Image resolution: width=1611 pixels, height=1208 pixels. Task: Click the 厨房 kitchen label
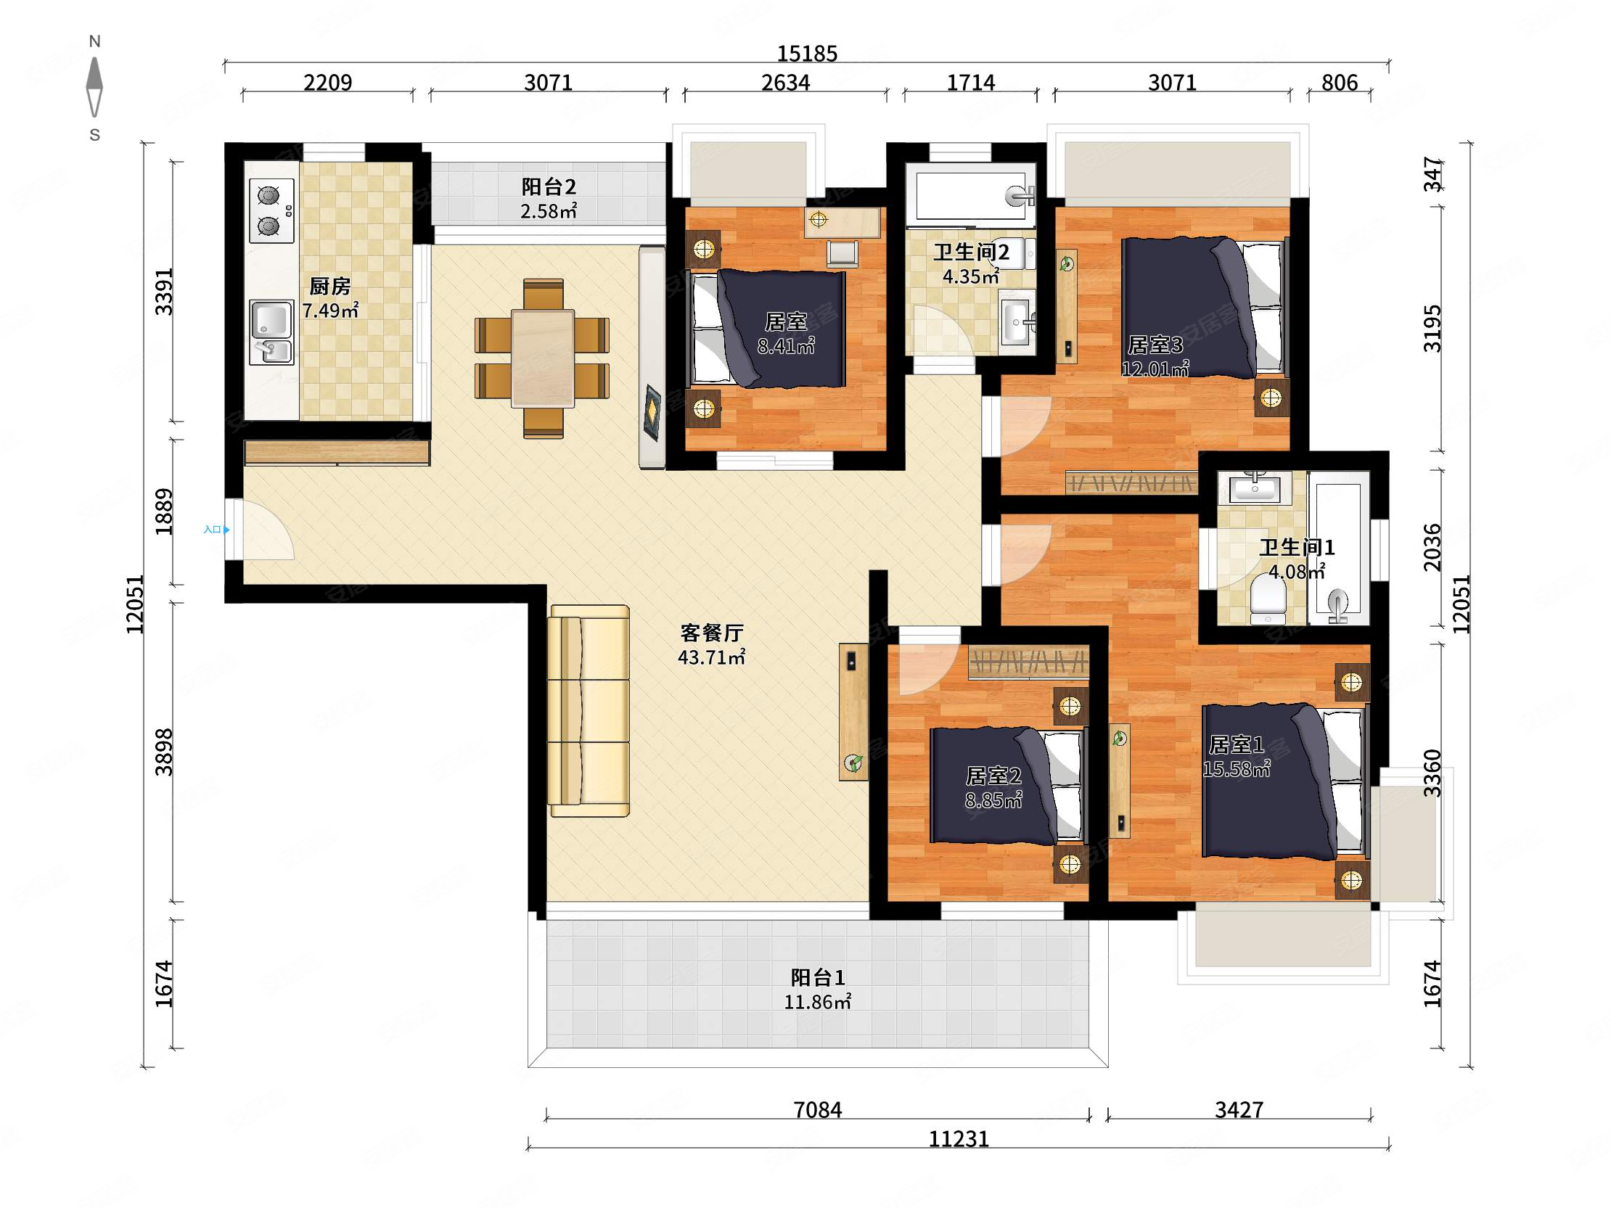coord(330,286)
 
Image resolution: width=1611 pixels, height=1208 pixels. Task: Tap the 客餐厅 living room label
coord(712,633)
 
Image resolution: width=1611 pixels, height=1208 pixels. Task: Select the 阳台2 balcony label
coord(549,187)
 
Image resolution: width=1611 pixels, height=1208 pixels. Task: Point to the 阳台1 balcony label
coord(818,977)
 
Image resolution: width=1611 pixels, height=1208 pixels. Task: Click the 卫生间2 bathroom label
coord(972,252)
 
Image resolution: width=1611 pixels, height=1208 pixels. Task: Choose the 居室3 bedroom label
coord(1155,345)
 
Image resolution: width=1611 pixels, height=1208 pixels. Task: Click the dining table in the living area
coord(543,358)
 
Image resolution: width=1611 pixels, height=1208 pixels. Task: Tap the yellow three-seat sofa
coord(589,711)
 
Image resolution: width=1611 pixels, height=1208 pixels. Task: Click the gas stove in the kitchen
coord(271,210)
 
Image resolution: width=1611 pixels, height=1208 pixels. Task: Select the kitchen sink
coord(271,332)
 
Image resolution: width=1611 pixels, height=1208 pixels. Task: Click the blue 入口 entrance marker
coord(216,530)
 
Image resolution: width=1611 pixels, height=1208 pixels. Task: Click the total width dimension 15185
coord(807,53)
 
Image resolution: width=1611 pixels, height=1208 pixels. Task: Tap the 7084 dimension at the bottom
coord(817,1110)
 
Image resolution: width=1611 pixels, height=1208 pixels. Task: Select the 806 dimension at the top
coord(1340,83)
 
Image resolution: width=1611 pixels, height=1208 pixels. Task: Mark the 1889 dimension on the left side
coord(165,512)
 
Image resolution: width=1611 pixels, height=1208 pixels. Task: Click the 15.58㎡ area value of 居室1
coord(1236,769)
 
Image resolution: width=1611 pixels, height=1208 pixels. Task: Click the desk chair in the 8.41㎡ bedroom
coord(843,253)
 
